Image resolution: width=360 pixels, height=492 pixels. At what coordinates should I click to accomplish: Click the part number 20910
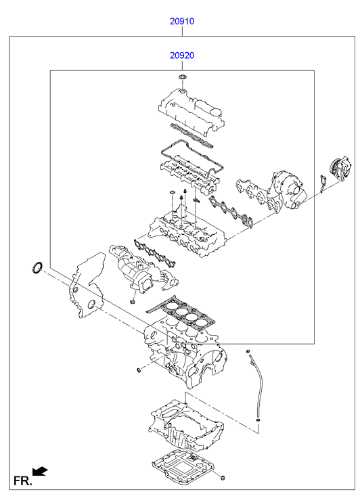[x=182, y=22]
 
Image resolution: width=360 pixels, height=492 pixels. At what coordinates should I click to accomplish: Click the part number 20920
[x=182, y=55]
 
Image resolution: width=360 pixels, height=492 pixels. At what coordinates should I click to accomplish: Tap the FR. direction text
[x=22, y=481]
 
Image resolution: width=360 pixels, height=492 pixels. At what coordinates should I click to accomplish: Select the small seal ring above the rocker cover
[x=182, y=76]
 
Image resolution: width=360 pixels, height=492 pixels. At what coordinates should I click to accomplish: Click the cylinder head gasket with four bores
[x=181, y=314]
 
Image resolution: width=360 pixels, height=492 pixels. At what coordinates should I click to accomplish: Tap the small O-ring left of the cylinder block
[x=139, y=371]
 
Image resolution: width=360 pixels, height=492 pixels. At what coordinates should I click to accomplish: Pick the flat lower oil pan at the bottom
[x=182, y=468]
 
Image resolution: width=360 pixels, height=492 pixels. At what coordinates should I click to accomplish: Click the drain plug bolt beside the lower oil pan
[x=223, y=478]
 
